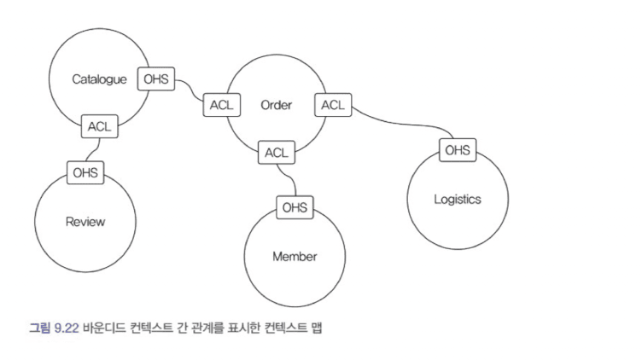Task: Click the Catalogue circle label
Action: [99, 80]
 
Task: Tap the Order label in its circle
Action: [276, 106]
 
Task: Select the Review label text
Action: [85, 222]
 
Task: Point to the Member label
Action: [295, 256]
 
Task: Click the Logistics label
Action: [457, 200]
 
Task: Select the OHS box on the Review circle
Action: [85, 173]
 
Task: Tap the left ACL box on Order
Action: [219, 106]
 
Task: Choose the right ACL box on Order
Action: [332, 106]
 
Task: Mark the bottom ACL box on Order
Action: [276, 153]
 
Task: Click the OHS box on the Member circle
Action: [295, 207]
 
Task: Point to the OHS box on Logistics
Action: [457, 150]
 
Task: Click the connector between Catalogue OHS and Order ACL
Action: [188, 90]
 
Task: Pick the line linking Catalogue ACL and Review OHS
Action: [90, 150]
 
